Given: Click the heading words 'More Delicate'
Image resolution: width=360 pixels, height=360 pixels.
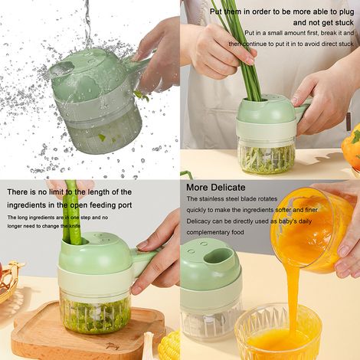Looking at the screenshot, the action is pos(216,188).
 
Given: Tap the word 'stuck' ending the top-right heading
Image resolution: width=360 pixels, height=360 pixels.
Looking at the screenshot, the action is pos(344,23).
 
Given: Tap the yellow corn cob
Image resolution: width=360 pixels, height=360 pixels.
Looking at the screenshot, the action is pos(169,346).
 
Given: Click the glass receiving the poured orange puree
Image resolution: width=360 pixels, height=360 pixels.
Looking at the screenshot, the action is pos(277,332).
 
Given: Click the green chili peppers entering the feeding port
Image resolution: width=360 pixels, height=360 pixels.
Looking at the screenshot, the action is pos(72,212).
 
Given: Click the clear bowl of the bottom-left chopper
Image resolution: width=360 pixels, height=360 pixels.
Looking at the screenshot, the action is pos(95,313).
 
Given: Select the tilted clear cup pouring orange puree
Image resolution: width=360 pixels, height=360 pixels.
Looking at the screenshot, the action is pos(313,230).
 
